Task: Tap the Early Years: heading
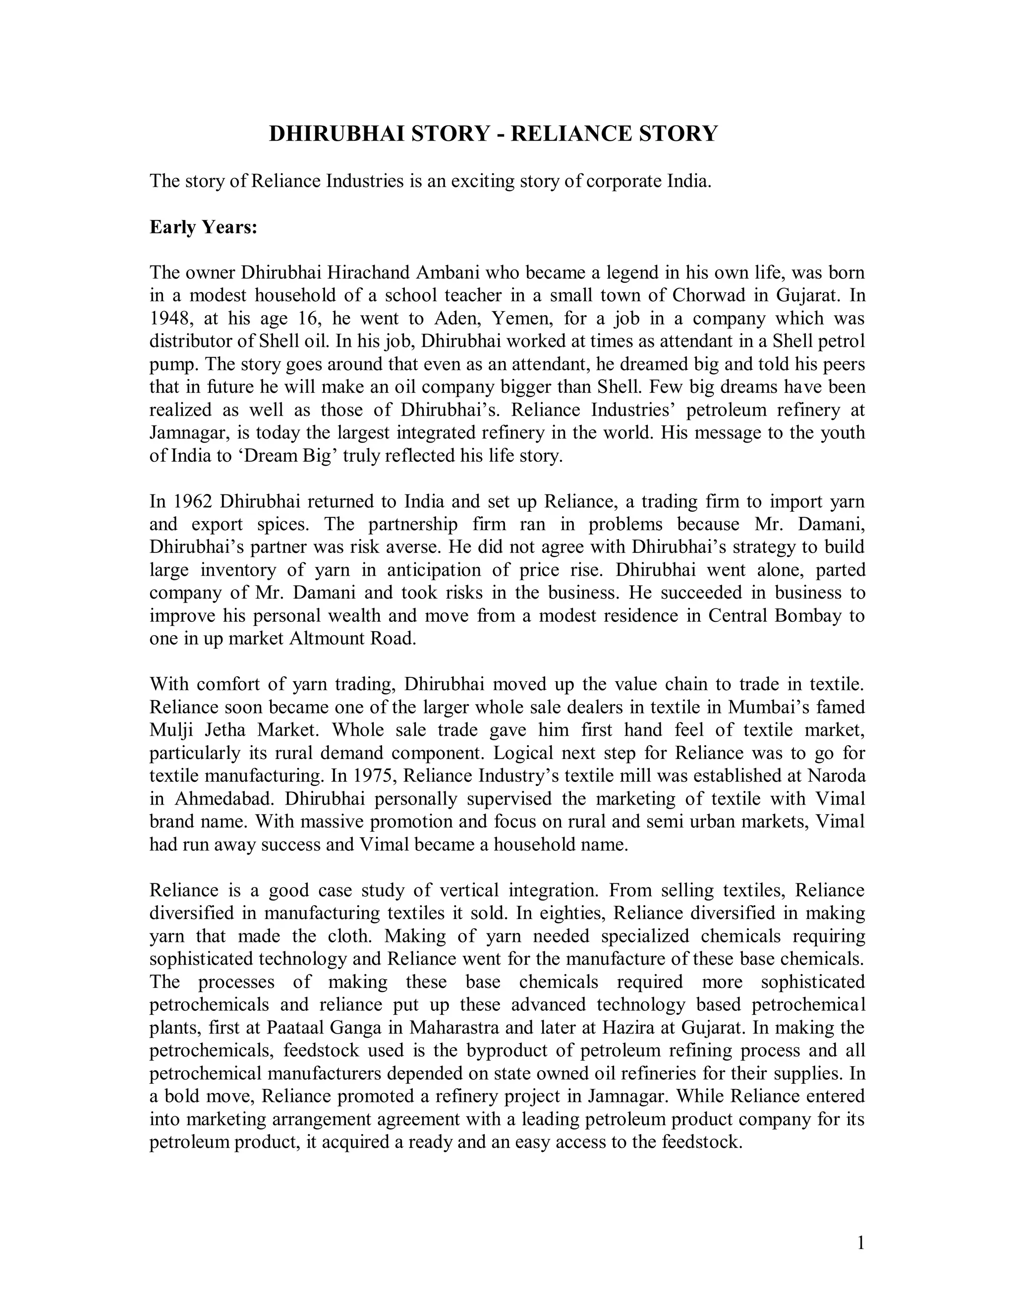(203, 227)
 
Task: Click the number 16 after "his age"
(316, 319)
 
